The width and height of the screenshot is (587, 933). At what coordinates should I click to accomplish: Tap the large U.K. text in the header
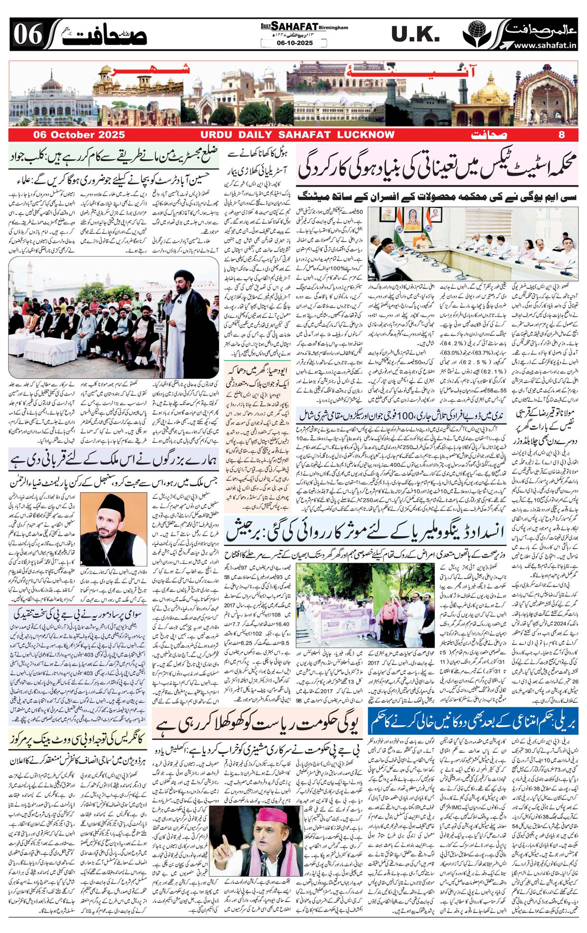click(x=415, y=34)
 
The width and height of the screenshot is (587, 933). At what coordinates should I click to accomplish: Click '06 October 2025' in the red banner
click(x=79, y=135)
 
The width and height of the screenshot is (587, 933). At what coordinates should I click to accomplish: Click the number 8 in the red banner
click(x=562, y=135)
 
